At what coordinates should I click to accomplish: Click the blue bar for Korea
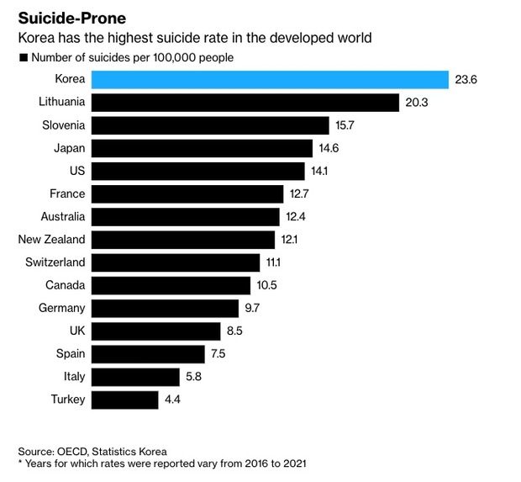coord(270,80)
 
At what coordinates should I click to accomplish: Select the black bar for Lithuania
coord(245,103)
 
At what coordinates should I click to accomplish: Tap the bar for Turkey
coord(125,400)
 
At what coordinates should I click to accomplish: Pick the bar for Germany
coord(165,309)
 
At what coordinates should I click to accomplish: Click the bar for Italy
coord(135,377)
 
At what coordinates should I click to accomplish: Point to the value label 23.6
coord(466,80)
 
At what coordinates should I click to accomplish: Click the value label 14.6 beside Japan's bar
coord(329,148)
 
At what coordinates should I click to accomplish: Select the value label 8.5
coord(234,331)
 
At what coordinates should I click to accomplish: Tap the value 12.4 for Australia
coord(296,217)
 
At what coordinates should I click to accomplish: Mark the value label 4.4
coord(172,400)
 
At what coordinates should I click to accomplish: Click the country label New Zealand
coord(51,240)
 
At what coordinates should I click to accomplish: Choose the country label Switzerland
coord(55,262)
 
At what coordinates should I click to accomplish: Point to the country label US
coord(77,171)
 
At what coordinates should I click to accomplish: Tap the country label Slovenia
coord(64,125)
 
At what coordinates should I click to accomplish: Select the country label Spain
coord(71,353)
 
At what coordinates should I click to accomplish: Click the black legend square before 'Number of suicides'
coord(24,58)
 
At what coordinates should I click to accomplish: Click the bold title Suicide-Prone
coord(72,19)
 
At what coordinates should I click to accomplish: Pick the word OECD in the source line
coord(72,452)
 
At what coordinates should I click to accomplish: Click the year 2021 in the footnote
coord(294,463)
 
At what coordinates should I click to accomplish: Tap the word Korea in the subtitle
coord(36,38)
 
